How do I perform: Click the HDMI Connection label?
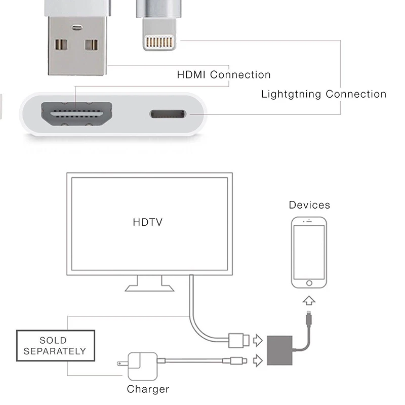point(223,75)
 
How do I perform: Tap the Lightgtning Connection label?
point(323,94)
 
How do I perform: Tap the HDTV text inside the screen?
point(148,222)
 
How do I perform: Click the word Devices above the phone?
point(309,205)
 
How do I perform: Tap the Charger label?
point(148,389)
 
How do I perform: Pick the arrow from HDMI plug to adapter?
point(258,339)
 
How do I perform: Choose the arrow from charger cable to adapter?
point(258,360)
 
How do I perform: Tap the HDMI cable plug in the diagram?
point(237,340)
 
